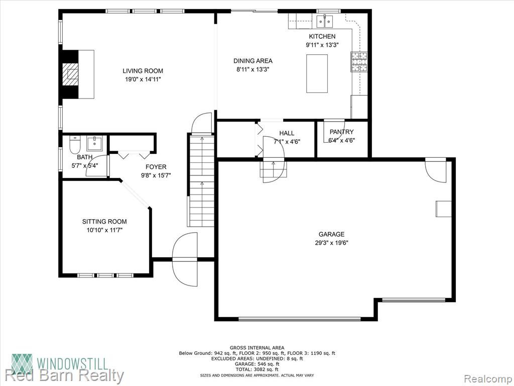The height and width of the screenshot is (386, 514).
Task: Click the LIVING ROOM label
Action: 143,70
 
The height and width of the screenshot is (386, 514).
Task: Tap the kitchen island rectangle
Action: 317,73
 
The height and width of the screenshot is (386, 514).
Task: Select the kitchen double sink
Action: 325,21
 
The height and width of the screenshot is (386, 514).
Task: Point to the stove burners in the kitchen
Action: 359,62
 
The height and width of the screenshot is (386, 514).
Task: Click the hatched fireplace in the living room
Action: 70,74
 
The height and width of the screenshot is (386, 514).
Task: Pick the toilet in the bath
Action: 75,145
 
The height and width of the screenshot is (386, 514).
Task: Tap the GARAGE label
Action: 331,234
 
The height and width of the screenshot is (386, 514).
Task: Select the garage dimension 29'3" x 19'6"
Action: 331,243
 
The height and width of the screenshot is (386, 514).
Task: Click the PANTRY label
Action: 341,132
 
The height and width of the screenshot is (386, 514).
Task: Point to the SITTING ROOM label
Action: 104,222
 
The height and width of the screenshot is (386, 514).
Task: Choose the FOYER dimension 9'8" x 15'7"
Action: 156,175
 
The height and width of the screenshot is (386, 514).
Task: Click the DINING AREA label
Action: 253,61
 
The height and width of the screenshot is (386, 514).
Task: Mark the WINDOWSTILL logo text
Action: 72,364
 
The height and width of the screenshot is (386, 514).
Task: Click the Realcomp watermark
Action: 487,378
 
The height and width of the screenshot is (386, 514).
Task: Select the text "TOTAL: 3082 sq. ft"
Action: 256,369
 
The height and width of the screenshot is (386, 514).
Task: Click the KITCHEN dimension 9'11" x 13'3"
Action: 322,45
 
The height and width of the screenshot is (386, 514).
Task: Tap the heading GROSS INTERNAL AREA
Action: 257,348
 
